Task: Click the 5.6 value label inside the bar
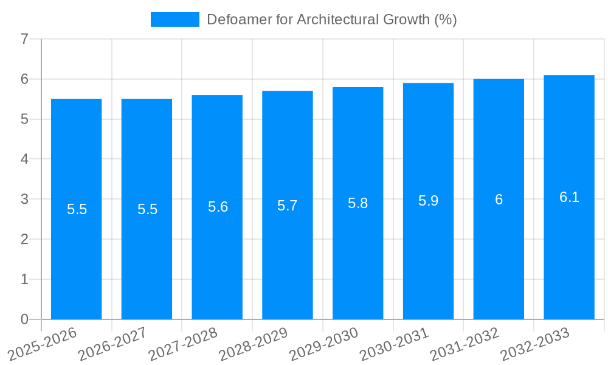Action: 218,207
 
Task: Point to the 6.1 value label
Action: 569,197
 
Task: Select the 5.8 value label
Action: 358,203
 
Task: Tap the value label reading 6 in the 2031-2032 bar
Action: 499,200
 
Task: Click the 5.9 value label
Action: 428,201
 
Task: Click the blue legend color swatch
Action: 174,19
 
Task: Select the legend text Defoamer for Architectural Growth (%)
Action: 331,19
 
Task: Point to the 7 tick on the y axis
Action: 24,40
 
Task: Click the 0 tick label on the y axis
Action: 24,319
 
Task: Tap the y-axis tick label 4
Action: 24,159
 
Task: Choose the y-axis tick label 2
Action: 24,239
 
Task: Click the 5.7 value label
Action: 288,206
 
